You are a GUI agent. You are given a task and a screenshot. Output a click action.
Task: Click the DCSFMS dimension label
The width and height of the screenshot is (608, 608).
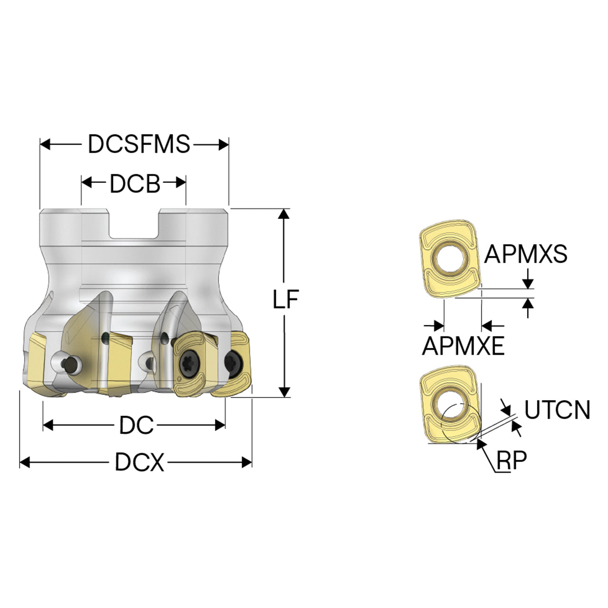coord(139,144)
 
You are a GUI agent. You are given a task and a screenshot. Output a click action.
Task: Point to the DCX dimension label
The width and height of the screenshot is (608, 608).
coord(140,462)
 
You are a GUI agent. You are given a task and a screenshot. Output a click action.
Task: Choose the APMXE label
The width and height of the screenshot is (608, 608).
coord(463,346)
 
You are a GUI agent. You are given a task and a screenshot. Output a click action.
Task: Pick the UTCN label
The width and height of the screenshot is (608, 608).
coord(557,410)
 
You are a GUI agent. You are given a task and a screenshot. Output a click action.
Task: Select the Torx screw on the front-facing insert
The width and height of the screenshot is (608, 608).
coord(190,365)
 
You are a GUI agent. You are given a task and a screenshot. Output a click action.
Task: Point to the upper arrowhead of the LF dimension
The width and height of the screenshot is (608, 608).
coord(284,213)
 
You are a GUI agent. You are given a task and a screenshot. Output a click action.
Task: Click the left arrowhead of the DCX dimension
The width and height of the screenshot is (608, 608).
coord(25,463)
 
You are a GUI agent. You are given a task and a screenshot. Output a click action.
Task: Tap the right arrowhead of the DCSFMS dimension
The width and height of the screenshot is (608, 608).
coord(224,145)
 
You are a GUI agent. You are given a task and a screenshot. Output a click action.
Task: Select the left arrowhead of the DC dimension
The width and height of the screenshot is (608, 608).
coord(47,425)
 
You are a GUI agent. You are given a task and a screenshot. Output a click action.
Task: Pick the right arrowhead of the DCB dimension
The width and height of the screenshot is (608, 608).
coord(181,182)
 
